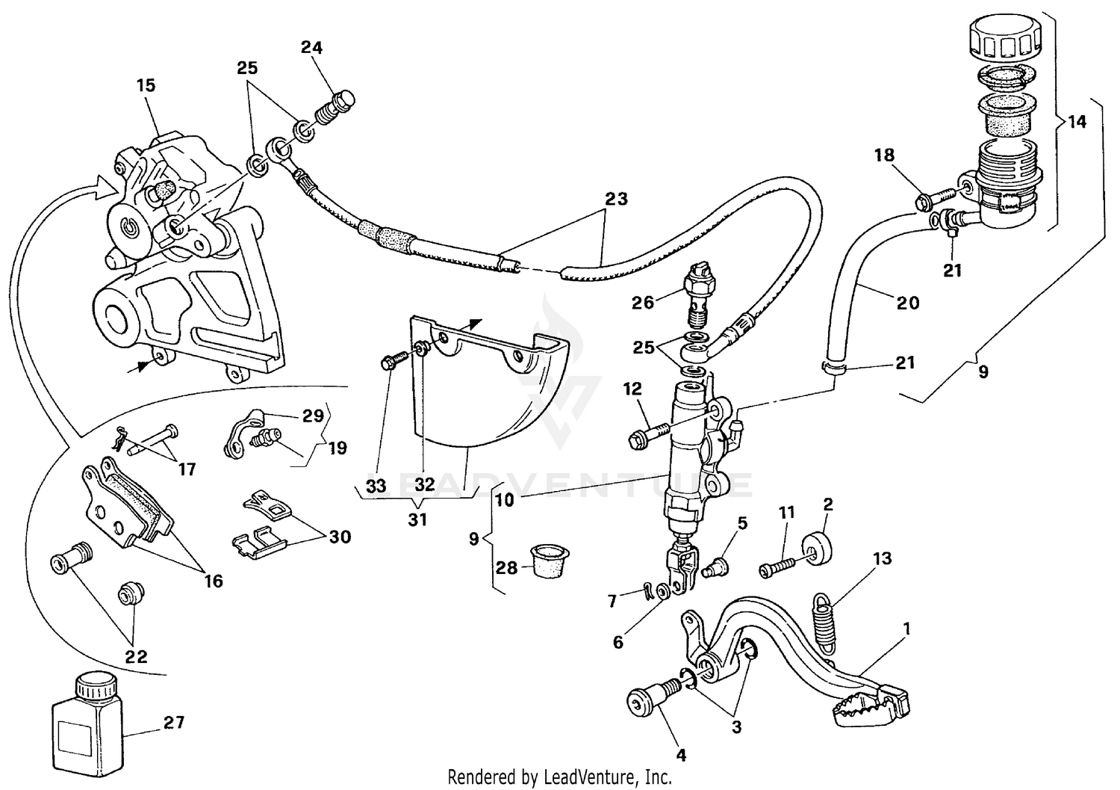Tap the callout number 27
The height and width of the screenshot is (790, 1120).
click(174, 723)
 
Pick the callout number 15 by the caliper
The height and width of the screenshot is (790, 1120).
click(146, 85)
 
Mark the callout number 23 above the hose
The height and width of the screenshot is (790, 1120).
click(617, 200)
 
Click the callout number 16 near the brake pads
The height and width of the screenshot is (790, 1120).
click(214, 581)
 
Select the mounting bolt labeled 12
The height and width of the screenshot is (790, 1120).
click(647, 436)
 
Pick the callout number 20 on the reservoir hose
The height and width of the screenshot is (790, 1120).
click(908, 303)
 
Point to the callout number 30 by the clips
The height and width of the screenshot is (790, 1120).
click(340, 537)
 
